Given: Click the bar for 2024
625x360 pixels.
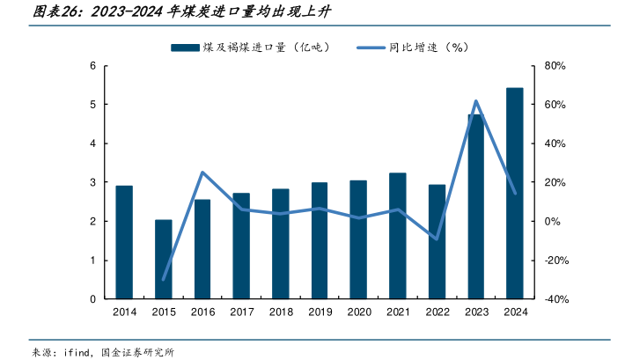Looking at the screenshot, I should tap(515, 194).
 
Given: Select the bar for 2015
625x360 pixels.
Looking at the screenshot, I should tap(164, 260).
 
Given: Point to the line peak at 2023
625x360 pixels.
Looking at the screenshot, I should tap(475, 101).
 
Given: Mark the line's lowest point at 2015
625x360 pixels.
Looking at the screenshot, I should tap(164, 279).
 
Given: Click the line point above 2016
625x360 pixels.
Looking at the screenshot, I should tap(202, 173).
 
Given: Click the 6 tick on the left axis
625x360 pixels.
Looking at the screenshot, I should tap(93, 66).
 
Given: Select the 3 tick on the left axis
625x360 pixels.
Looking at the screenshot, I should tap(93, 182).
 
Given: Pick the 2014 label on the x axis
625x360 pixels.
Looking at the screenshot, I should tap(124, 312).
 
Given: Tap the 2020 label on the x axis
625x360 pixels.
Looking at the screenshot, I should tap(358, 312).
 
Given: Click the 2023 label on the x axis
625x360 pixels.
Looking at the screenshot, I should tap(475, 312).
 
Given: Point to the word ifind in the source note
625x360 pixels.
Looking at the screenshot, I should tap(77, 352).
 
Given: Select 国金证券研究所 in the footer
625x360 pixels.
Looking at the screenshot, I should tap(139, 352).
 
